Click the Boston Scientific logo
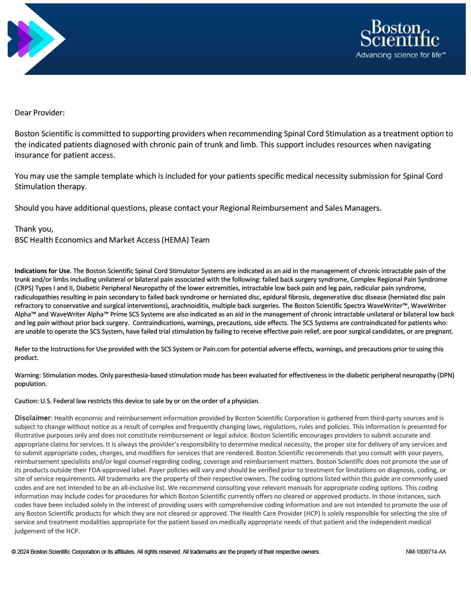coord(400,34)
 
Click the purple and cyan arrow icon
coord(32,39)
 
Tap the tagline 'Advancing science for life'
coord(400,55)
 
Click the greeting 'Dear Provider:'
coord(40,113)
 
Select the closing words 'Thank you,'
coord(34,229)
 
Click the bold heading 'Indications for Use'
coord(42,271)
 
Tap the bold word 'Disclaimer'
coord(32,418)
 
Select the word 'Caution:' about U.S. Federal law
coord(27,401)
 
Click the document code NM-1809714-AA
coord(426,552)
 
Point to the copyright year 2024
coord(23,552)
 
